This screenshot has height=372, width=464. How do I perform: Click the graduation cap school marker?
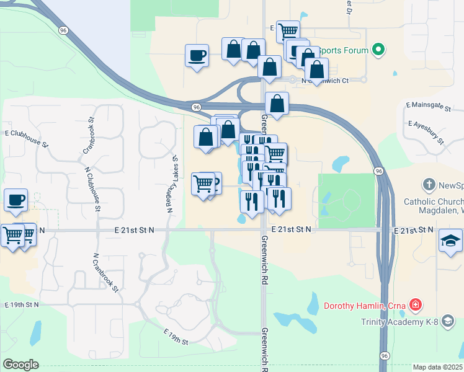[450, 241]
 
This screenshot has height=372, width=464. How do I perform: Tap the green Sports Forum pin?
[378, 50]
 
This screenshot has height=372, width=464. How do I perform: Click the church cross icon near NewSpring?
[428, 185]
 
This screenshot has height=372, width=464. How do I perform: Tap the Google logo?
[20, 365]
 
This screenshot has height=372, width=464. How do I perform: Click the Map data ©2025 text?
[437, 367]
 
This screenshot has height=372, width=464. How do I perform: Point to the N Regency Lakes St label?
[169, 185]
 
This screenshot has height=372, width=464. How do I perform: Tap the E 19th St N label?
[22, 304]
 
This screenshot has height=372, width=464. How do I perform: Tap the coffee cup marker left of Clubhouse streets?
[16, 200]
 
